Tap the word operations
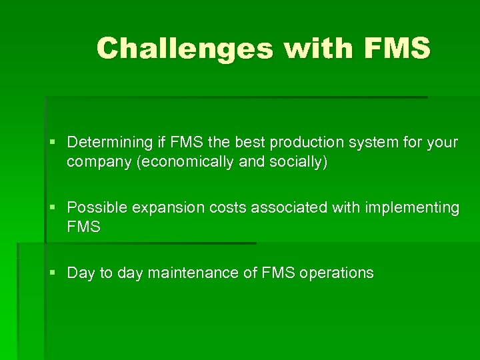(x=337, y=273)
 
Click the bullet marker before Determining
(x=53, y=143)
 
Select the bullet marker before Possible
(x=53, y=208)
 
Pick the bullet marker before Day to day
(x=53, y=273)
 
